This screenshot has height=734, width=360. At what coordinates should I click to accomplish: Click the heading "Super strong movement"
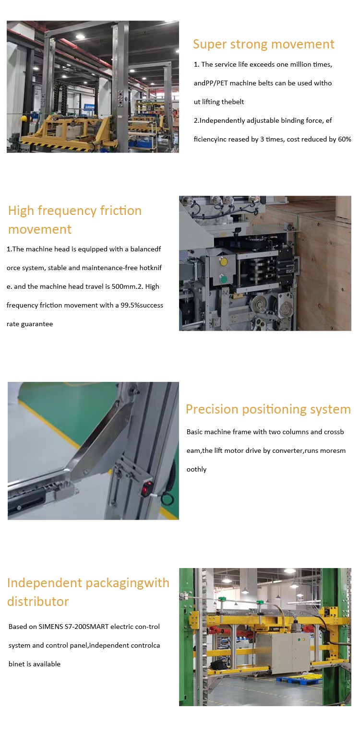264,44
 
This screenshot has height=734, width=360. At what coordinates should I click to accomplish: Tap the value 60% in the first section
345,139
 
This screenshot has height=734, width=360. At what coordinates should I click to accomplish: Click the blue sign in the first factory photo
89,107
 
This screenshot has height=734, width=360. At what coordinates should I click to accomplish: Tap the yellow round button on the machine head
223,262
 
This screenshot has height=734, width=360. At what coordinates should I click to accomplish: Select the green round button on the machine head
223,279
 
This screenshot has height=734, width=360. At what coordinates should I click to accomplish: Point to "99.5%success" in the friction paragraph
142,306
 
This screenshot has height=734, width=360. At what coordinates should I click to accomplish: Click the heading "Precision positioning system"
268,409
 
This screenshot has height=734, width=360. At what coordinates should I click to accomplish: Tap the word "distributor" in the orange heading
38,602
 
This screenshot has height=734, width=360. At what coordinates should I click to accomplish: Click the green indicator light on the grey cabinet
299,639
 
